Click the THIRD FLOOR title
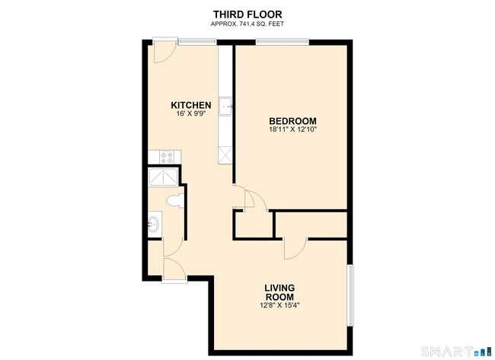point(247,14)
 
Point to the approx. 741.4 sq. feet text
point(247,24)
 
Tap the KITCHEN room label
point(191,105)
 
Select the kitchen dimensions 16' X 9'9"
point(191,113)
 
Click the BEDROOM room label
point(292,121)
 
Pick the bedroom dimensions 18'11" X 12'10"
point(292,129)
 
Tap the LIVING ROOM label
point(279,292)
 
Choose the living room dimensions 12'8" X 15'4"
point(279,305)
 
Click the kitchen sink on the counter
point(226,107)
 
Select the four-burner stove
point(167,158)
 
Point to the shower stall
point(163,177)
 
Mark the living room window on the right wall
point(350,295)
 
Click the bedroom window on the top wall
point(283,41)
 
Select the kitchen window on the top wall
point(197,41)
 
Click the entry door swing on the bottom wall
point(174,269)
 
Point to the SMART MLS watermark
point(456,351)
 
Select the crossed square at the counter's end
point(225,155)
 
